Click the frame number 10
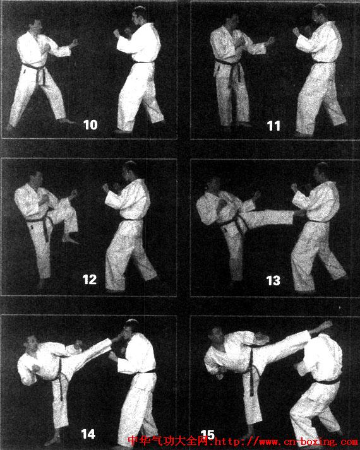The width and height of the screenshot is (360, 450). (x=90, y=125)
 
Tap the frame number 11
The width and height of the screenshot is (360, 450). (x=273, y=126)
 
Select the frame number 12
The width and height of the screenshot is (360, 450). (x=90, y=280)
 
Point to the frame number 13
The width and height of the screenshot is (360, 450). (x=273, y=281)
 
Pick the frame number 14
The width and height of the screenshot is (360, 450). (x=88, y=434)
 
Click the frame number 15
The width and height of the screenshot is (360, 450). (x=208, y=435)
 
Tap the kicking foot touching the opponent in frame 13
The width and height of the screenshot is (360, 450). (x=298, y=213)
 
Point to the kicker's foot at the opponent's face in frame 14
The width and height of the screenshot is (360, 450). (x=116, y=339)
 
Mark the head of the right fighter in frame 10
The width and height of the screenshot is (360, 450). (x=139, y=16)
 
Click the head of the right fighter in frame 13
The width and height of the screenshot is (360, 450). (x=321, y=172)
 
